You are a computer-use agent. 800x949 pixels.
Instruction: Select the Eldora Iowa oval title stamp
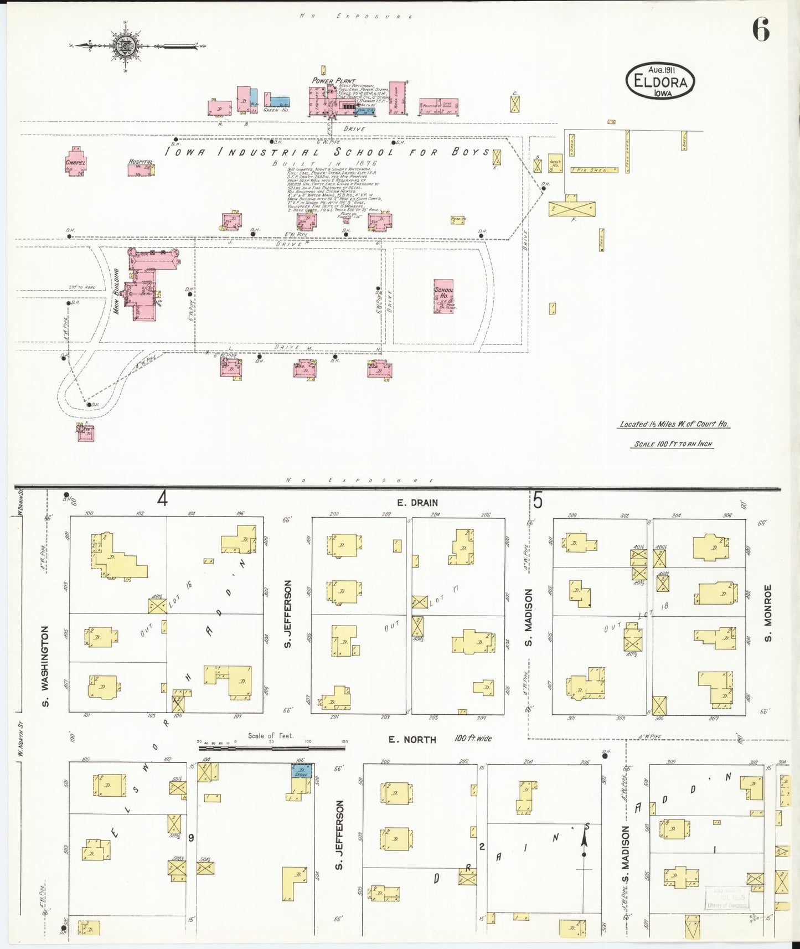660,82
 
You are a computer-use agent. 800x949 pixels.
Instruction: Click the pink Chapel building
75,162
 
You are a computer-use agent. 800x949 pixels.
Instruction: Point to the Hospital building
141,168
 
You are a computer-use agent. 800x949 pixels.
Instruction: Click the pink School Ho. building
443,296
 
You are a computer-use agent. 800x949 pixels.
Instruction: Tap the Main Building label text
116,291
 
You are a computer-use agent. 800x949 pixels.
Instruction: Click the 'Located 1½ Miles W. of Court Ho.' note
674,424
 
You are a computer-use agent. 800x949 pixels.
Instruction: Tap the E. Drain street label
417,503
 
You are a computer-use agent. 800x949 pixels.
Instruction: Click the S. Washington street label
45,666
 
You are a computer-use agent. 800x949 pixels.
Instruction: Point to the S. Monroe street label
767,613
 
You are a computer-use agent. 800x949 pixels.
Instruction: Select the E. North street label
412,739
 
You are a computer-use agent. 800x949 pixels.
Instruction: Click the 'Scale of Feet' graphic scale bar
271,747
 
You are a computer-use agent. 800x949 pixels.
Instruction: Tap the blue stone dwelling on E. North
302,771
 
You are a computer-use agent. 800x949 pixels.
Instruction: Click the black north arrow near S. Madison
584,842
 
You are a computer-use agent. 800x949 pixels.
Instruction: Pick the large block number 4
162,499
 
